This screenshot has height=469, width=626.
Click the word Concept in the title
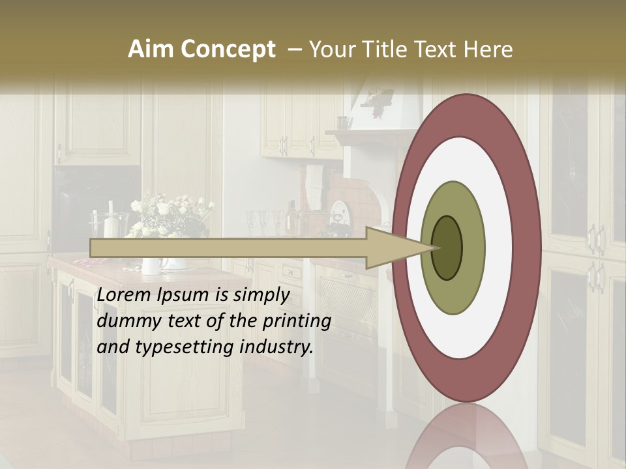click(228, 50)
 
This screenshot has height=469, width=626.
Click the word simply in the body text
click(261, 295)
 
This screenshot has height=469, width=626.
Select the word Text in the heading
click(437, 50)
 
